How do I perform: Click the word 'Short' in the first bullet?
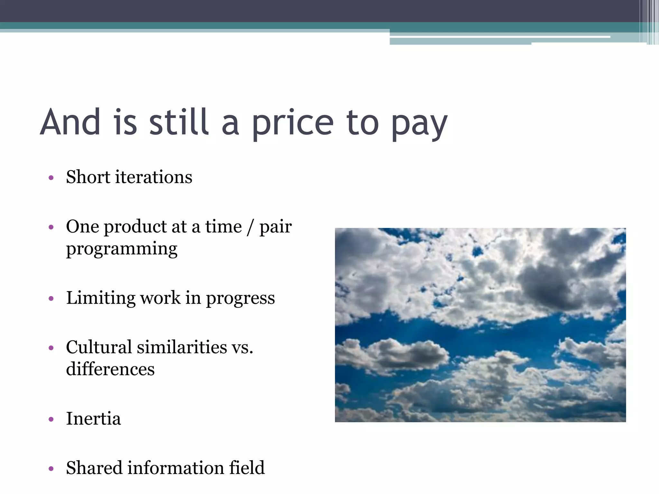[x=88, y=177]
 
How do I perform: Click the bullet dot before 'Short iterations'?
[x=51, y=178]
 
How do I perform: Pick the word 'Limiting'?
[x=101, y=297]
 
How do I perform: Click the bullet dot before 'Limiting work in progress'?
[x=51, y=299]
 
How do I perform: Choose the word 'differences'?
[x=110, y=369]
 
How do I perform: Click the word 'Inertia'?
[x=93, y=418]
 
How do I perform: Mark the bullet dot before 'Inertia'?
[x=51, y=419]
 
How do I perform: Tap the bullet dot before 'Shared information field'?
[x=51, y=469]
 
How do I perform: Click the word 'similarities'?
[x=182, y=347]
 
